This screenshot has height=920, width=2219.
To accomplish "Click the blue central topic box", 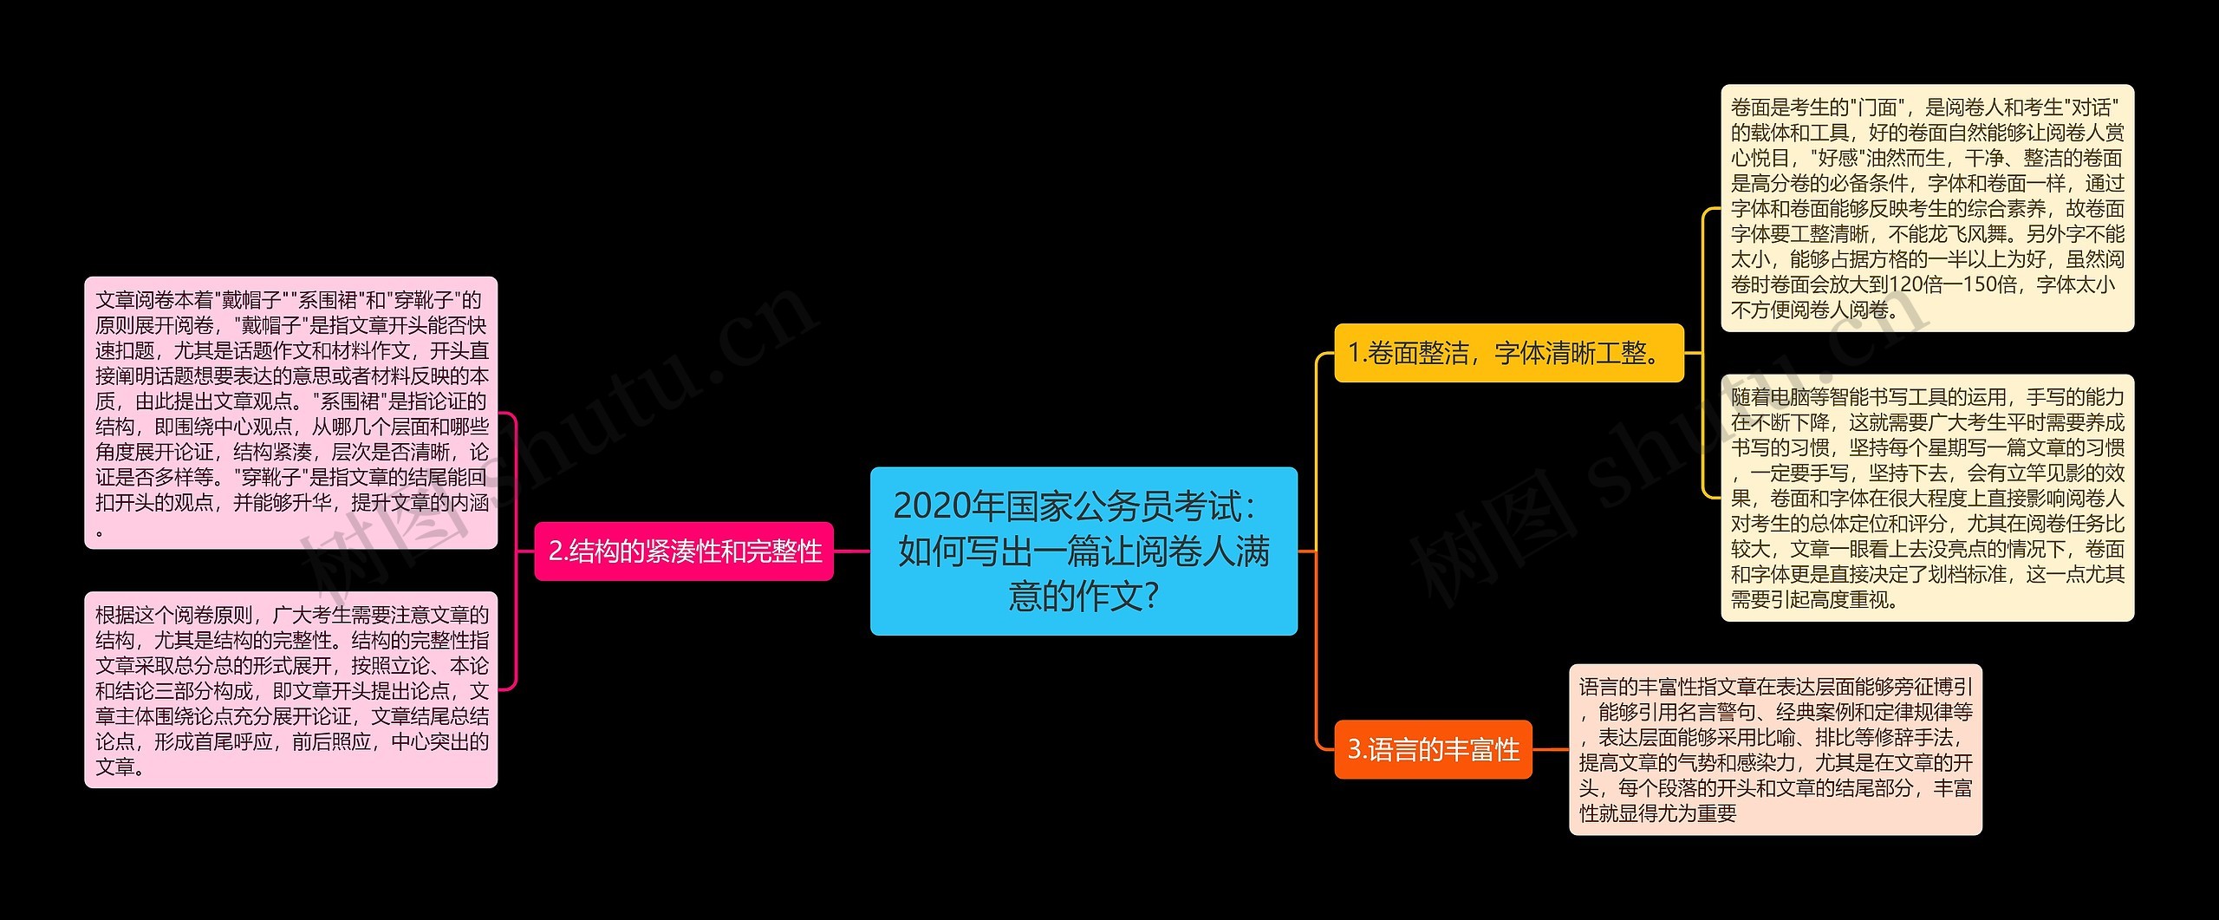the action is pyautogui.click(x=1083, y=551).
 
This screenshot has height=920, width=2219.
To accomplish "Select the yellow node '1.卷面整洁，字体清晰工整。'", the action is pyautogui.click(x=1508, y=353).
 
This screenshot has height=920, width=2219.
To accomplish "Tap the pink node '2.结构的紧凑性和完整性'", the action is pyautogui.click(x=684, y=551).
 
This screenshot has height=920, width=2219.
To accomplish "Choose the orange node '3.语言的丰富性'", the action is pyautogui.click(x=1433, y=749).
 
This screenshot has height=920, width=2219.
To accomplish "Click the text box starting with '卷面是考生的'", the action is pyautogui.click(x=1927, y=208).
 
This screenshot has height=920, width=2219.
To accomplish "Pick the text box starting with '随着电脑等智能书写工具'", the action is pyautogui.click(x=1927, y=498).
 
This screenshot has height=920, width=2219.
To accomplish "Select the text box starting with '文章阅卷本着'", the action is pyautogui.click(x=290, y=413).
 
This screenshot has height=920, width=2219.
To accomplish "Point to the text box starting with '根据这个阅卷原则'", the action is pyautogui.click(x=290, y=690).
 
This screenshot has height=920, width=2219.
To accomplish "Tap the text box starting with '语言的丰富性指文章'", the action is pyautogui.click(x=1775, y=749).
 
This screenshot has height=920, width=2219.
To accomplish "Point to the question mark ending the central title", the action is pyautogui.click(x=1151, y=597).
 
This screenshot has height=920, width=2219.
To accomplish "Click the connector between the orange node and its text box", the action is pyautogui.click(x=1551, y=749).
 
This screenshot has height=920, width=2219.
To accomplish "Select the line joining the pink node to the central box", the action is pyautogui.click(x=852, y=551).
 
